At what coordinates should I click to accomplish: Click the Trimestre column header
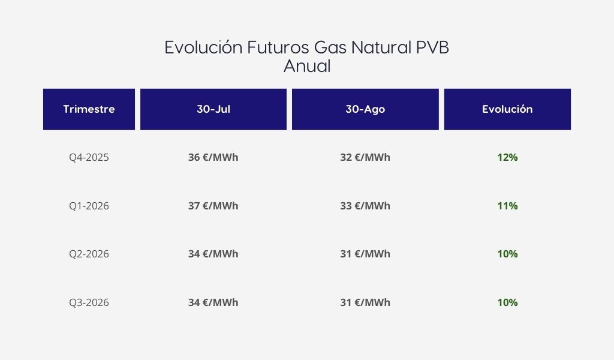(x=89, y=109)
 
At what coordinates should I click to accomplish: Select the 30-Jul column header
(x=213, y=109)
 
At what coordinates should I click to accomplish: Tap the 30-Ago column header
(x=365, y=109)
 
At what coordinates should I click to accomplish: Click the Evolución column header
(x=507, y=109)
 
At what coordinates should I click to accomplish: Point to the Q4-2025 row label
(x=89, y=157)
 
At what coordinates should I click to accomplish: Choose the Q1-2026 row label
(x=89, y=206)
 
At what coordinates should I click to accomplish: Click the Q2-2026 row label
(x=89, y=254)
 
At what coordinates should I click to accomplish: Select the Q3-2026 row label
(x=89, y=303)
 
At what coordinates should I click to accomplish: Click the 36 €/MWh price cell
(x=213, y=157)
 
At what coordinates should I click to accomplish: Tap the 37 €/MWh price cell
(x=213, y=206)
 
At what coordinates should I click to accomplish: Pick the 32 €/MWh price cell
(x=365, y=157)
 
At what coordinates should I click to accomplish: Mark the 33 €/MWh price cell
(x=365, y=206)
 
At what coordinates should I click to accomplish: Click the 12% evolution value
(x=507, y=157)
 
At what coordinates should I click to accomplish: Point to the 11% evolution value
(x=507, y=206)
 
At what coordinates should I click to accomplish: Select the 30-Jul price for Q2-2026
(x=213, y=254)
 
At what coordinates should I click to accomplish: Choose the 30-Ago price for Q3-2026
(x=365, y=303)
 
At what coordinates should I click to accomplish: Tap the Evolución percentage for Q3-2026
(x=507, y=303)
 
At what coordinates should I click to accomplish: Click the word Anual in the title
(x=307, y=66)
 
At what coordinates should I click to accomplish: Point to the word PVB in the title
(x=432, y=47)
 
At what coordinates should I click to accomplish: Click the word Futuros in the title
(x=278, y=47)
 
